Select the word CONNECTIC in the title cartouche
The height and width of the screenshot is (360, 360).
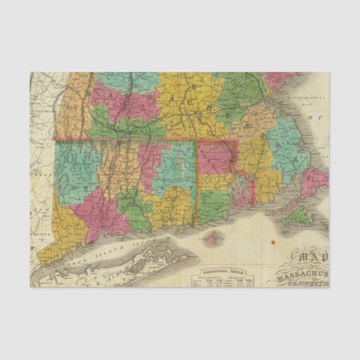[x=311, y=282]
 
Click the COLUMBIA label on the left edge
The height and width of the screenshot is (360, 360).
[x=43, y=111]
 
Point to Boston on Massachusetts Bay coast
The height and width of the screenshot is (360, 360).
[x=273, y=105]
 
